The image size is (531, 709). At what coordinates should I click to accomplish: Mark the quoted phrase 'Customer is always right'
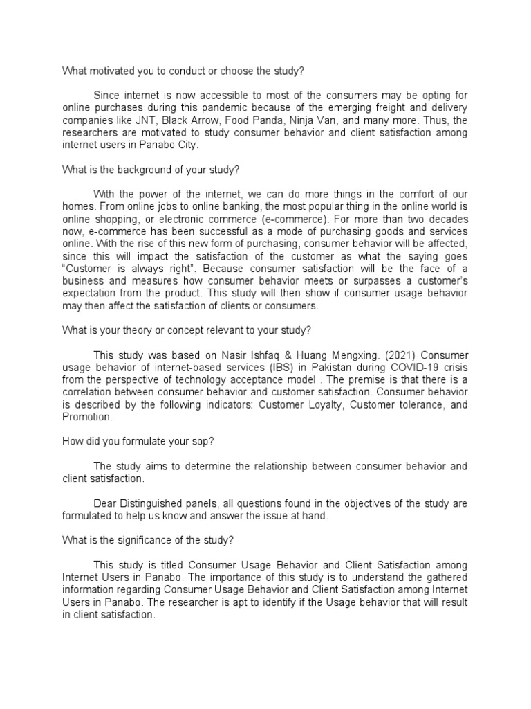[x=129, y=269]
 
